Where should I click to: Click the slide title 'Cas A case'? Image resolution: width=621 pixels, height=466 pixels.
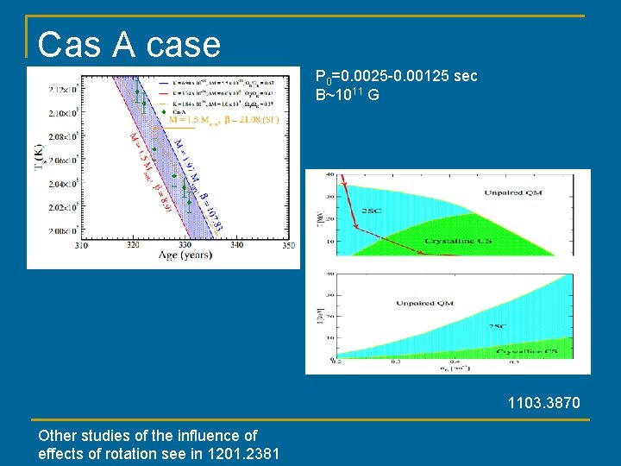point(129,45)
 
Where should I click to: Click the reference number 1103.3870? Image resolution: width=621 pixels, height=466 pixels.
point(544,403)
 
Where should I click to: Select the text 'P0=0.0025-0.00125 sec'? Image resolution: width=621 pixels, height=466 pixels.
point(396,77)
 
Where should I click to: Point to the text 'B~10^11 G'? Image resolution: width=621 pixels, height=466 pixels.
point(347,94)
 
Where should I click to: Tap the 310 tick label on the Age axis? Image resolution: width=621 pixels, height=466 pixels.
point(81,246)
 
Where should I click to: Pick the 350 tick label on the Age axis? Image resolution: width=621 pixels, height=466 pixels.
point(288,246)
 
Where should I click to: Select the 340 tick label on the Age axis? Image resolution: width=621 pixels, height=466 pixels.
point(236,246)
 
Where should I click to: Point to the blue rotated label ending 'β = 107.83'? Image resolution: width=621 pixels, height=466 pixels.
point(200,188)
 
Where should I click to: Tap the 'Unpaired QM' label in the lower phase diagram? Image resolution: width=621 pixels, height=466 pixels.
point(424,304)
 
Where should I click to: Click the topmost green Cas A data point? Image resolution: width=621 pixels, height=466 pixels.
point(136,91)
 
